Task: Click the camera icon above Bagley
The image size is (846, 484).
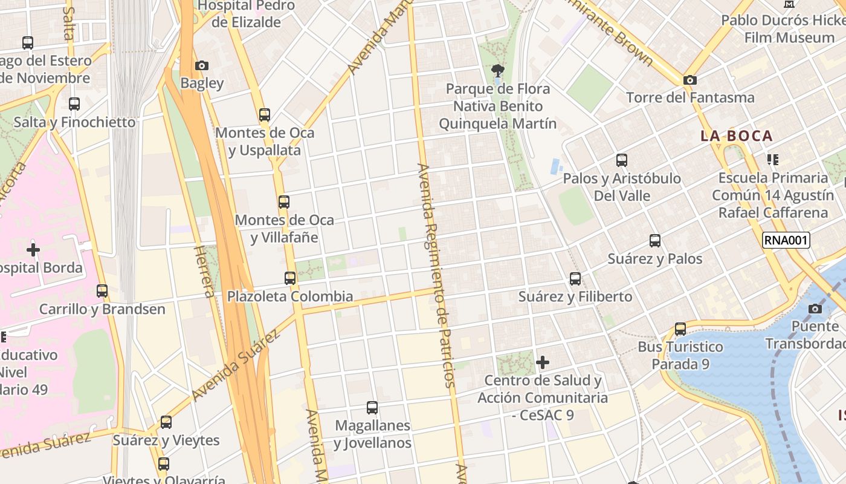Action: point(202,65)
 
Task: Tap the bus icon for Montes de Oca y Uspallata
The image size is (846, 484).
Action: point(264,114)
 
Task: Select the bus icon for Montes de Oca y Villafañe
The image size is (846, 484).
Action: point(283,202)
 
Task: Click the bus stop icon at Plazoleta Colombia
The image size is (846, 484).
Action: point(290,278)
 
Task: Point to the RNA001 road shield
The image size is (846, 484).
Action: point(786,240)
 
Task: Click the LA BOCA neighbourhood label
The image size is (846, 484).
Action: point(737,136)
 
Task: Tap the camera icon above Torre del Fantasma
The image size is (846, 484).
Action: point(689,80)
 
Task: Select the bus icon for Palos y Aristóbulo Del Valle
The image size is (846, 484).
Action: point(621,160)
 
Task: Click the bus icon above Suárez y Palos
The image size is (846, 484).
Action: point(655,241)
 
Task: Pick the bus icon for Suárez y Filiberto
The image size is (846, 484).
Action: point(575,279)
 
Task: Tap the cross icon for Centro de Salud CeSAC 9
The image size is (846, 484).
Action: point(543,362)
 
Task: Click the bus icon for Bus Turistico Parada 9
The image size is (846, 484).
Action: point(680,329)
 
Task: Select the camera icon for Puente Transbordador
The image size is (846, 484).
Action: point(815,309)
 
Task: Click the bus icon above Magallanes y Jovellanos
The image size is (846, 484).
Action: point(372,408)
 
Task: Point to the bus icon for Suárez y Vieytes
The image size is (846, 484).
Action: point(166,422)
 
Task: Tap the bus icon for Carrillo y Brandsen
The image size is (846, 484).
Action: point(102,291)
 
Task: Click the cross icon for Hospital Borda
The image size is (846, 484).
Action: point(33,249)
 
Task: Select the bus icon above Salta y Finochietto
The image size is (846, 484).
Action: point(74,104)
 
